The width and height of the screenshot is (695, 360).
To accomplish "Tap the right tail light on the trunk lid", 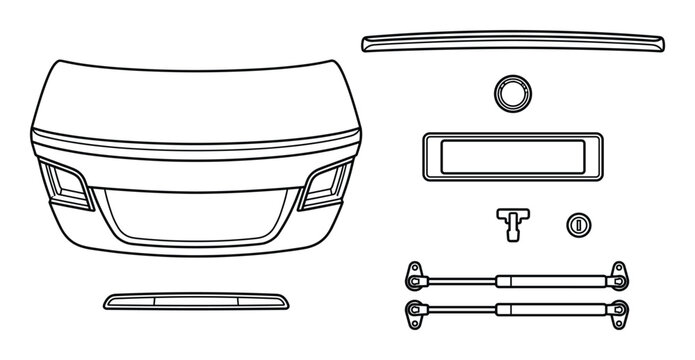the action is [327, 183].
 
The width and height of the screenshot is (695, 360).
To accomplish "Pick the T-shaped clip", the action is [511, 222].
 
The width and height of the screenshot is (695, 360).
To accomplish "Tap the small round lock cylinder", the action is [577, 224].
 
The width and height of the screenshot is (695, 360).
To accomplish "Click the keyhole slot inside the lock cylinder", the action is [577, 224].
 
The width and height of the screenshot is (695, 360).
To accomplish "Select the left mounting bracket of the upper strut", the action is [412, 273].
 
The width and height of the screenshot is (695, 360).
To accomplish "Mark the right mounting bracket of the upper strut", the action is [620, 273].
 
